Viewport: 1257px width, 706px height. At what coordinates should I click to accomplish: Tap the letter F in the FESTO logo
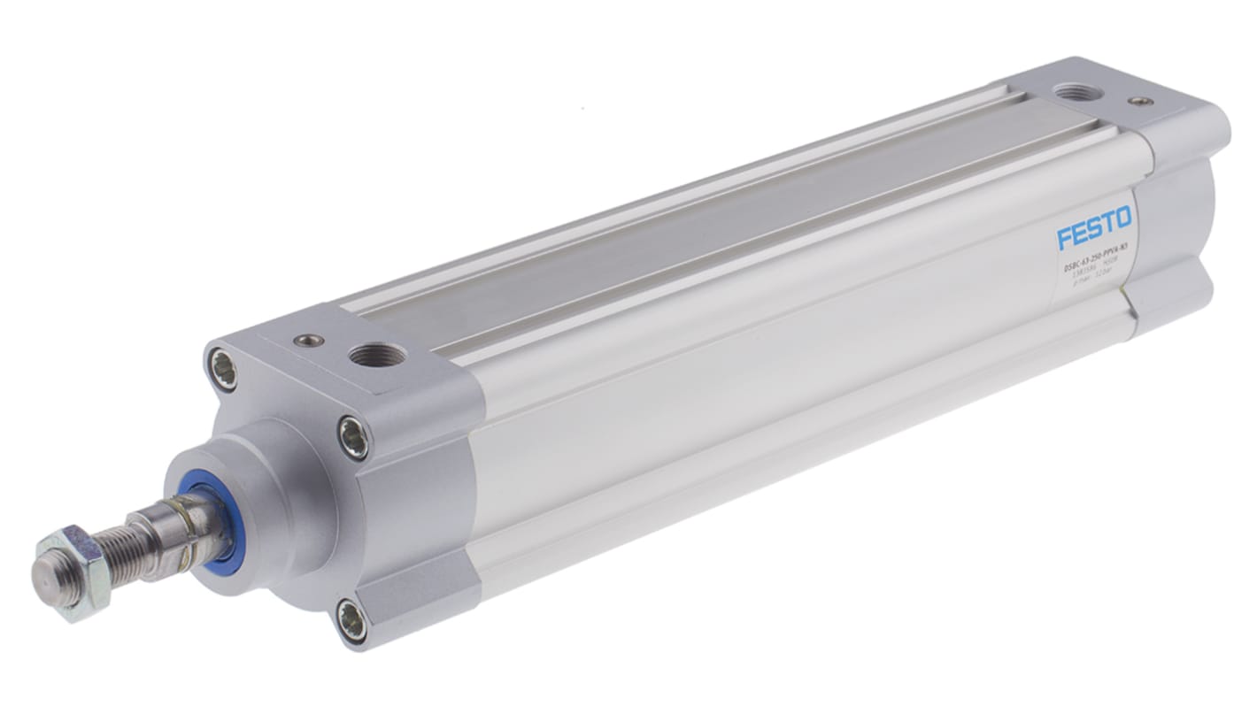point(1064,239)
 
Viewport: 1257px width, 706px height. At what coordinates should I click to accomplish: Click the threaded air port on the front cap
point(377,356)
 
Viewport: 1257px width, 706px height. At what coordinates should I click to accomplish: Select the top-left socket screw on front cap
point(224,368)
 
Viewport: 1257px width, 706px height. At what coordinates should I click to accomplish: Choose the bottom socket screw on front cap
point(352,619)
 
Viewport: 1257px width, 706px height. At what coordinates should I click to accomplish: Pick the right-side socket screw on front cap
point(354,436)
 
